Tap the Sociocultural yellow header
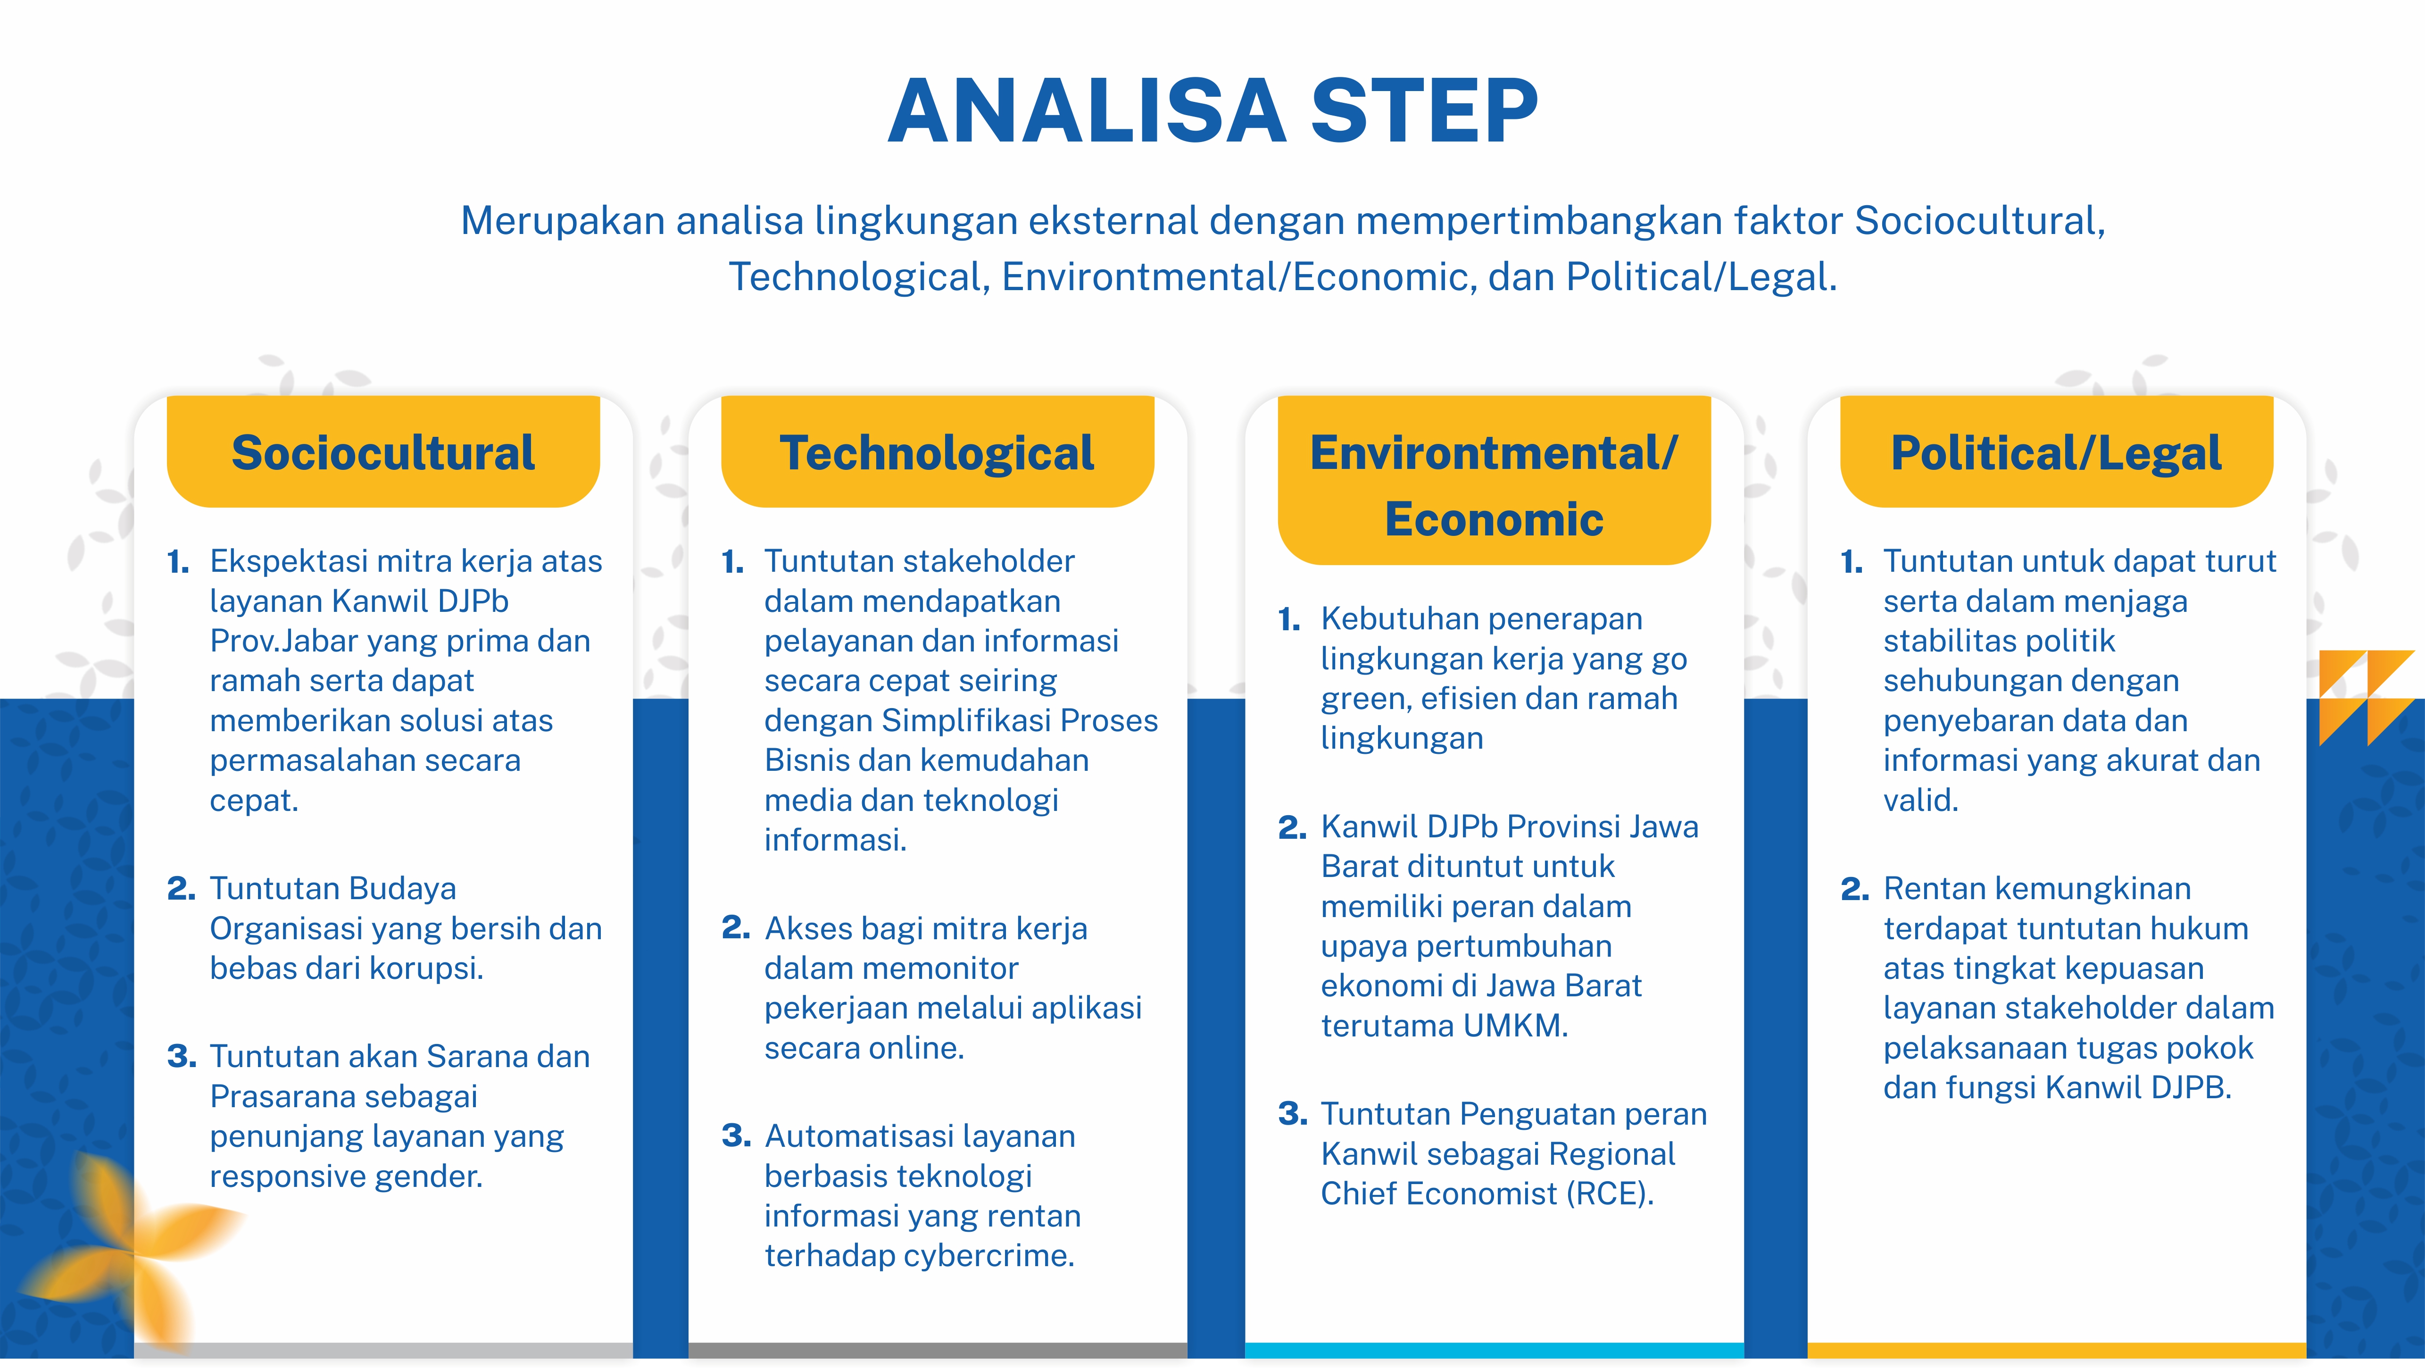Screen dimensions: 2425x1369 (x=383, y=452)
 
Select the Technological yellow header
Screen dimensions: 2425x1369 (x=938, y=452)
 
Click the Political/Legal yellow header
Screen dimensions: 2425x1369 (x=2057, y=452)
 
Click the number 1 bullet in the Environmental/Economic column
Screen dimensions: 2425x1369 (x=1289, y=619)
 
